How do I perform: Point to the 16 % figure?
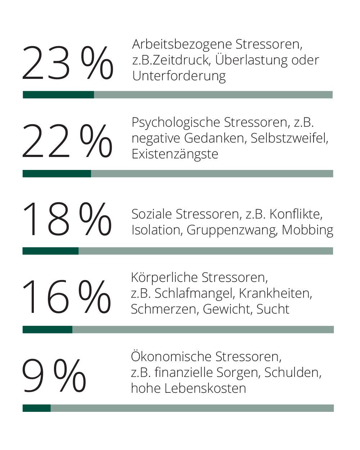pyautogui.click(x=66, y=297)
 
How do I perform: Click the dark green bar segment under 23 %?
pyautogui.click(x=58, y=95)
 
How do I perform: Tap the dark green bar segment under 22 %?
pyautogui.click(x=57, y=174)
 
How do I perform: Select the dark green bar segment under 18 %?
pyautogui.click(x=50, y=251)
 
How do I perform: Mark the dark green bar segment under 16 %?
pyautogui.click(x=48, y=329)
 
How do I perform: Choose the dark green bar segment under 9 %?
pyautogui.click(x=36, y=408)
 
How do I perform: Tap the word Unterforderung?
pyautogui.click(x=179, y=76)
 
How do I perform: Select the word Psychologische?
pyautogui.click(x=176, y=123)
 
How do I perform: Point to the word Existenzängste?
pyautogui.click(x=175, y=154)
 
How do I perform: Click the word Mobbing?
pyautogui.click(x=307, y=230)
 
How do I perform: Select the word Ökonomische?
pyautogui.click(x=171, y=356)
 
